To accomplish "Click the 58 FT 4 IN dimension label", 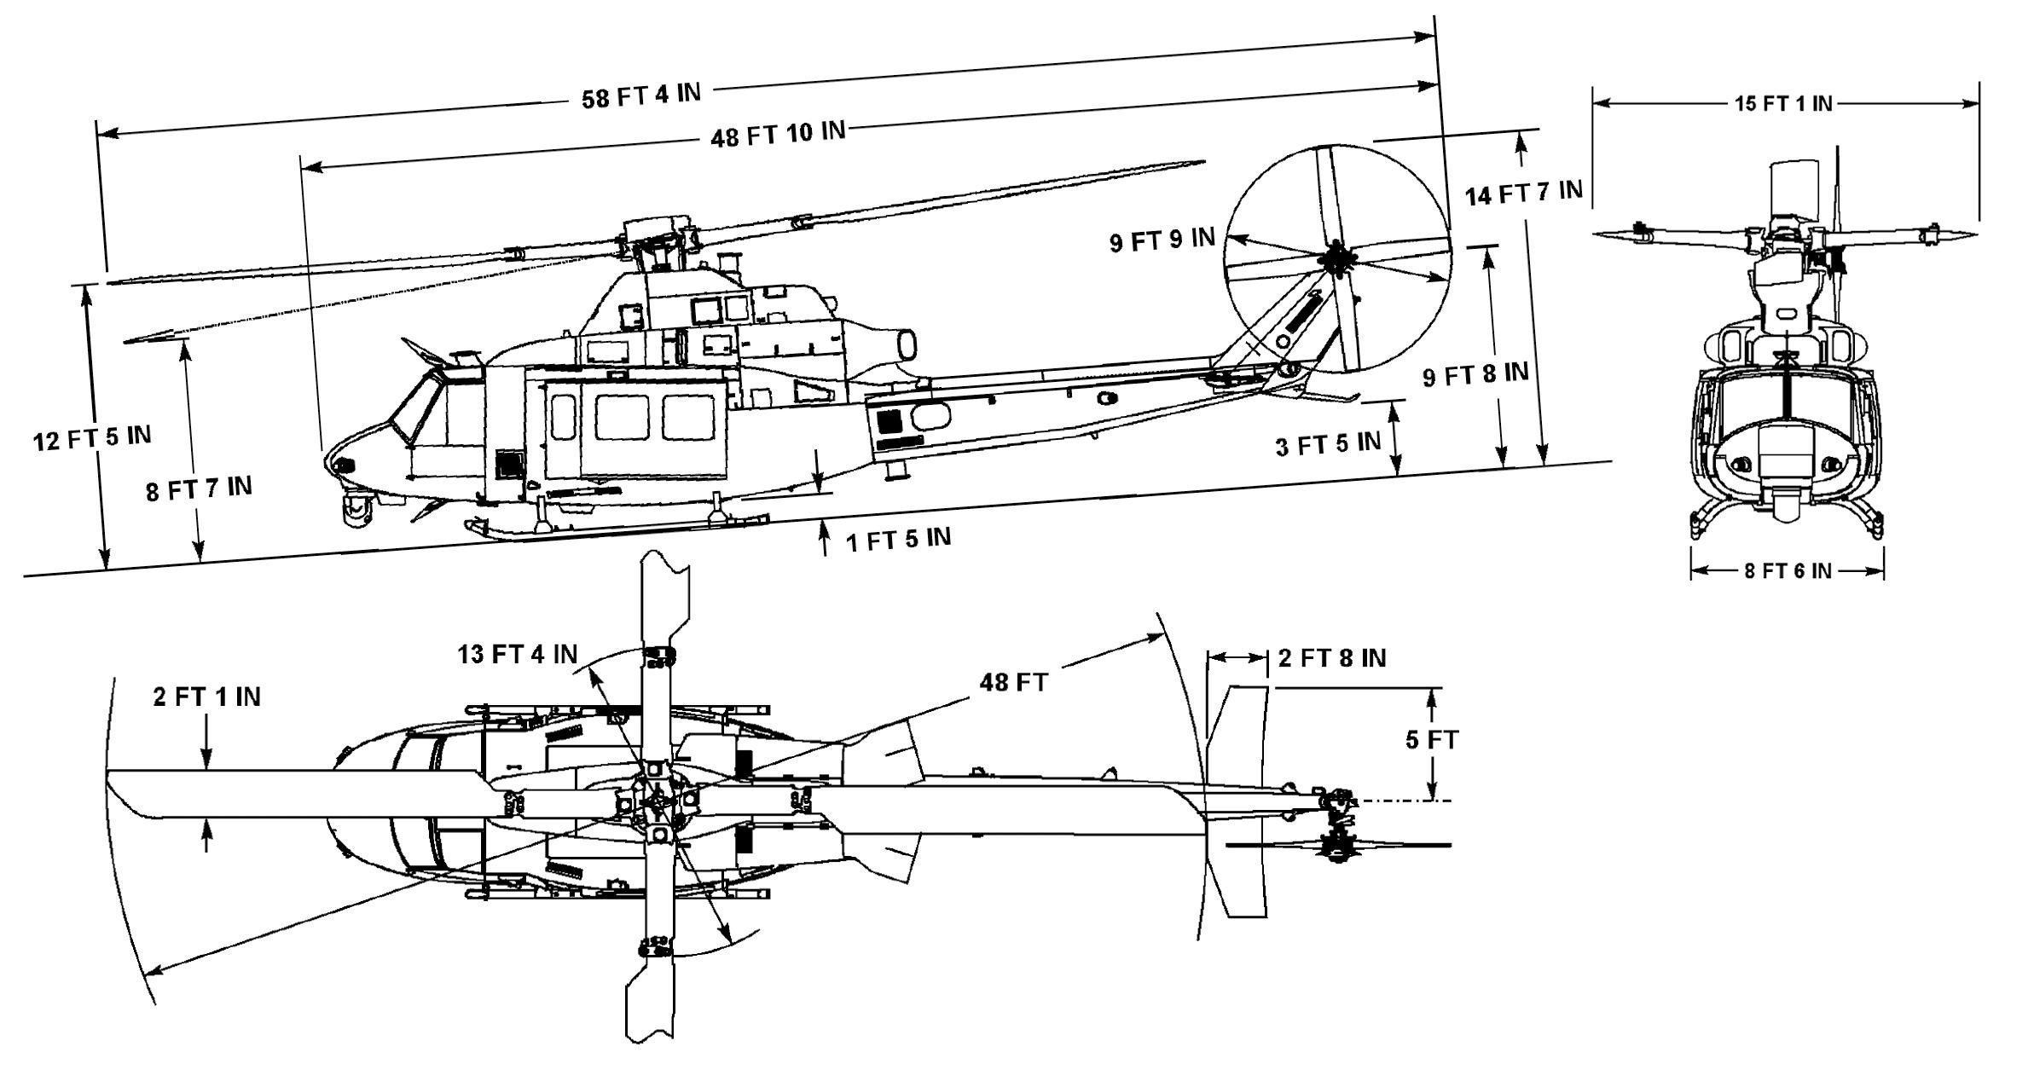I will tap(640, 95).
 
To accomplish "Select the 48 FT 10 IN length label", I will tap(778, 134).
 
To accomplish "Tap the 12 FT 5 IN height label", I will tap(92, 438).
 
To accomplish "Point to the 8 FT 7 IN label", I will tap(199, 489).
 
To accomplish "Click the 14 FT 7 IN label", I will tap(1523, 193).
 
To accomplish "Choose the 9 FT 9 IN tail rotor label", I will tap(1162, 240).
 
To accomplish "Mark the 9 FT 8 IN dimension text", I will tap(1475, 374).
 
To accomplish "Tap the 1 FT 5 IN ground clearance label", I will tap(898, 539).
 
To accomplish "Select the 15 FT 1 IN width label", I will tap(1783, 104).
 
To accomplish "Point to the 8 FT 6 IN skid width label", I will tap(1788, 571).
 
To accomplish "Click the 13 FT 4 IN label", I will tap(517, 654).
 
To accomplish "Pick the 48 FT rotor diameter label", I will tap(1013, 682).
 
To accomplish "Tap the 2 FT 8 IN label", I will tap(1331, 658).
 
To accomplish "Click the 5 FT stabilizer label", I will tap(1432, 740).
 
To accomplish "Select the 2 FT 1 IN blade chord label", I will tap(206, 697).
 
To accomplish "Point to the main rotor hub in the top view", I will tap(657, 800).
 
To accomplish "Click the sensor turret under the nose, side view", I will tap(355, 509).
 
